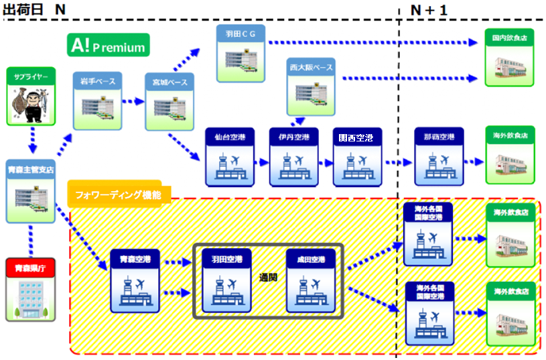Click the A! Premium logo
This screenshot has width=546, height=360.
[x=108, y=45]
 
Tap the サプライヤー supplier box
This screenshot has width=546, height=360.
[x=30, y=96]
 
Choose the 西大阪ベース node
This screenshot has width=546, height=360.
[x=311, y=86]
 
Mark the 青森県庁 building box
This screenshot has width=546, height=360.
[x=30, y=289]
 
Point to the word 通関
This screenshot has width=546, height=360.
[x=269, y=276]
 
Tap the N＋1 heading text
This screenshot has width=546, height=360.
[x=429, y=10]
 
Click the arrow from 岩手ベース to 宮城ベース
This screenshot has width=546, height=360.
[x=133, y=102]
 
